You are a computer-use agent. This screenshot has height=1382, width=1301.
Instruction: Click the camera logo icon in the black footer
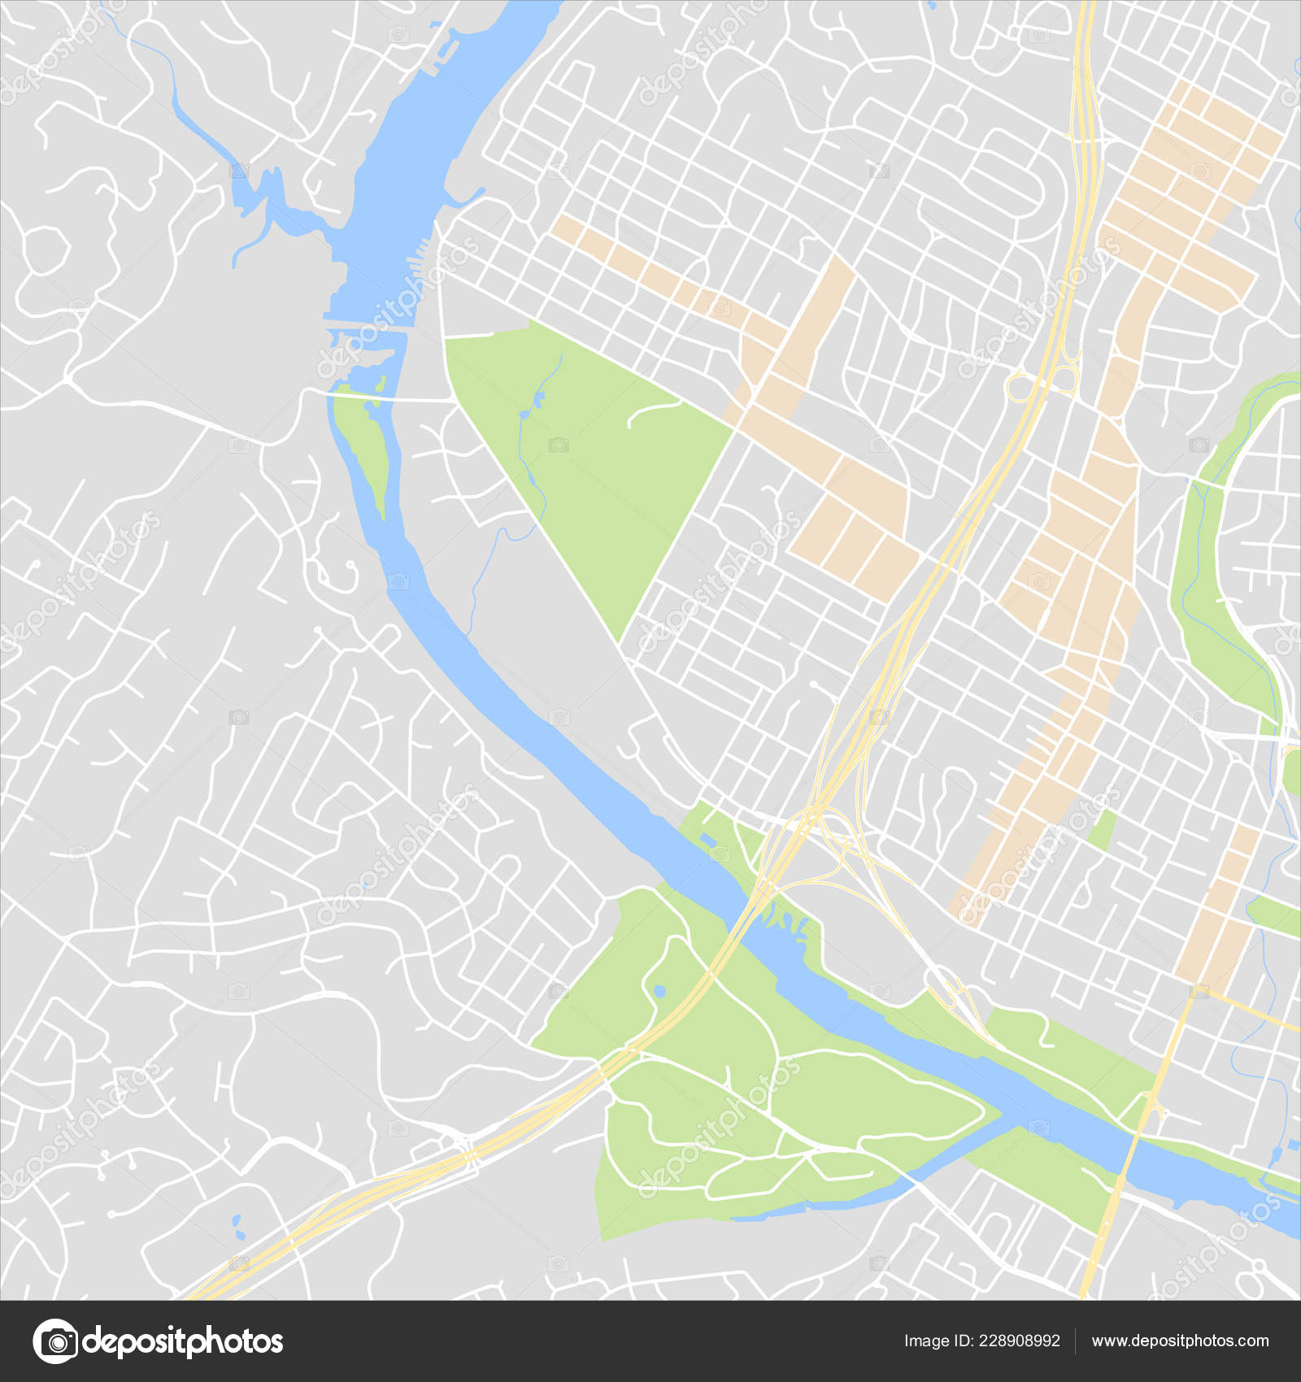click(55, 1341)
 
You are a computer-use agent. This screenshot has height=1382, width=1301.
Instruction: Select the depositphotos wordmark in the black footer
click(183, 1341)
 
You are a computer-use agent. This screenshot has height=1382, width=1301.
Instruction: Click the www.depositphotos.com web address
click(1180, 1341)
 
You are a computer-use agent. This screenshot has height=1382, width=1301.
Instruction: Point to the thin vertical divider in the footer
click(1075, 1341)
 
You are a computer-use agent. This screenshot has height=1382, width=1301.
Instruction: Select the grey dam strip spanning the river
click(366, 328)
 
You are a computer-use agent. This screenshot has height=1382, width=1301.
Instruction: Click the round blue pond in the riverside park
click(659, 991)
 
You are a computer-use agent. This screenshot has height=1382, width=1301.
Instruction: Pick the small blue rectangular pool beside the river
click(706, 840)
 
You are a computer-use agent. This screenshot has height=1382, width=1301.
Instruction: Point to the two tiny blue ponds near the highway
click(237, 1227)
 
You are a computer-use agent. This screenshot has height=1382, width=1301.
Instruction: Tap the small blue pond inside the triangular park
click(536, 398)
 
